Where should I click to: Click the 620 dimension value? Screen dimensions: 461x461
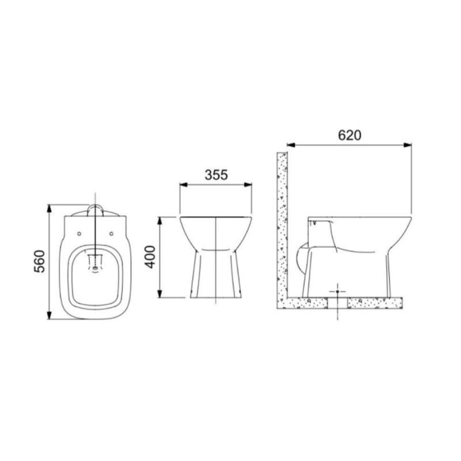click(350, 135)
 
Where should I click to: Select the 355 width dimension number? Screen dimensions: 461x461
click(217, 175)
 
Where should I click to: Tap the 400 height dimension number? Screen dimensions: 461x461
click(151, 257)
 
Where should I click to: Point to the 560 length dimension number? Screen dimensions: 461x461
click(39, 262)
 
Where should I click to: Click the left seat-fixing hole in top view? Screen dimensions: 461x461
click(79, 234)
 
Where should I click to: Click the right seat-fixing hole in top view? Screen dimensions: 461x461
click(111, 234)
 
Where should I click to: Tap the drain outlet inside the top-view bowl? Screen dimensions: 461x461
click(95, 268)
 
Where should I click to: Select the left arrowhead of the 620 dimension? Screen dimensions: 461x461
click(291, 145)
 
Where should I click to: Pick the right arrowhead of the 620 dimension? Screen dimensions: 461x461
click(407, 145)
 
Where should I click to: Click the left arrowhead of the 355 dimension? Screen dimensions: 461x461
click(184, 184)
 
